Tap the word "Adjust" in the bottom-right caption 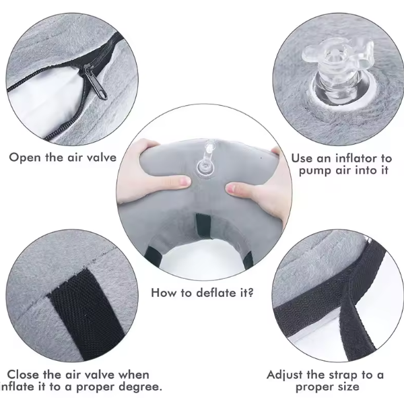[x=285, y=374]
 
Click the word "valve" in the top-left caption [x=99, y=158]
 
